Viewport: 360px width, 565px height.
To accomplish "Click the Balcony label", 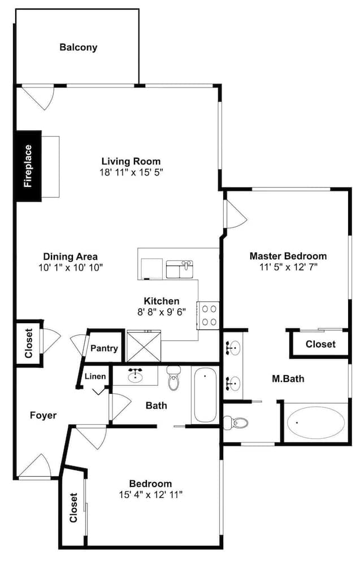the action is (x=78, y=47).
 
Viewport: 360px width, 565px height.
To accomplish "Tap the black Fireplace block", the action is (x=28, y=166).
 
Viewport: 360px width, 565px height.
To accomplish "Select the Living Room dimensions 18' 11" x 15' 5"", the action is (x=132, y=172).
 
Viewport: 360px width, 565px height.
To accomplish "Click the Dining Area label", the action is (x=70, y=257).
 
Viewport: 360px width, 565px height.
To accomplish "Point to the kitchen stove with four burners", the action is (x=209, y=315).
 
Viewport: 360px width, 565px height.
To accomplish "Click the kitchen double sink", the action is (x=180, y=269).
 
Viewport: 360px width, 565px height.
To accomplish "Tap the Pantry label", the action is (x=104, y=349).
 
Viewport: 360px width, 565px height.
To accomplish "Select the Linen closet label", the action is (x=95, y=376).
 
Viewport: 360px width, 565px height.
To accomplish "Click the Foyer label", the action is (x=44, y=415).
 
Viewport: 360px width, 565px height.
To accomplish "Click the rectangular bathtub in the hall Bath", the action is (x=205, y=395).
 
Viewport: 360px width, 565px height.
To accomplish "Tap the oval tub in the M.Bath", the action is (x=316, y=422).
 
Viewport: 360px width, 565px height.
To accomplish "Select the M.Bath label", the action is (x=288, y=379).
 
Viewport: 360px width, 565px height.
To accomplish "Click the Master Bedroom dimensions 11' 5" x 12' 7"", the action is (x=288, y=267).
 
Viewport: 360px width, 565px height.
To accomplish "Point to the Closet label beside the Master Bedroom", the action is (x=320, y=344).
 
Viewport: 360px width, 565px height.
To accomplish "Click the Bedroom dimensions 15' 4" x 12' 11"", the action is (x=151, y=495).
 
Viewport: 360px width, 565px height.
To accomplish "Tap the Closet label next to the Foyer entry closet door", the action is (x=29, y=343).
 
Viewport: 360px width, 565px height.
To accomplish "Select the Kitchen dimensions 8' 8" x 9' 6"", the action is (x=162, y=312).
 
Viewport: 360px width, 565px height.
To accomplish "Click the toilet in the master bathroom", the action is (x=236, y=421).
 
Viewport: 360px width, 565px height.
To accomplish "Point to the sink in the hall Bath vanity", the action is (x=135, y=376).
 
